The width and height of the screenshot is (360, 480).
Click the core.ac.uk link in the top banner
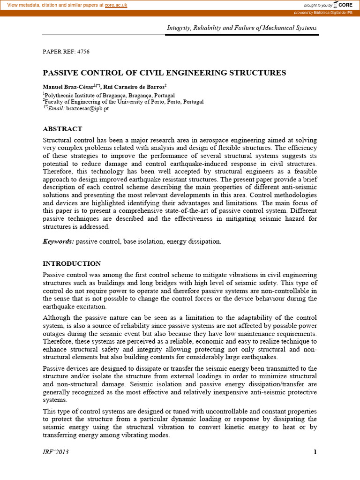pos(116,5)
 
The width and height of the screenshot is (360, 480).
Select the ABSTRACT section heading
pos(62,129)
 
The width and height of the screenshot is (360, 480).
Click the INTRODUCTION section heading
pos(72,263)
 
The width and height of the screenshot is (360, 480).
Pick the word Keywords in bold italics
pos(58,241)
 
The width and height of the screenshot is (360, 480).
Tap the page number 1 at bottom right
pos(315,452)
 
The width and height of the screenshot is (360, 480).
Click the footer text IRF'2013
pos(56,452)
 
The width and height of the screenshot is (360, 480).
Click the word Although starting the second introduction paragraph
pos(57,318)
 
